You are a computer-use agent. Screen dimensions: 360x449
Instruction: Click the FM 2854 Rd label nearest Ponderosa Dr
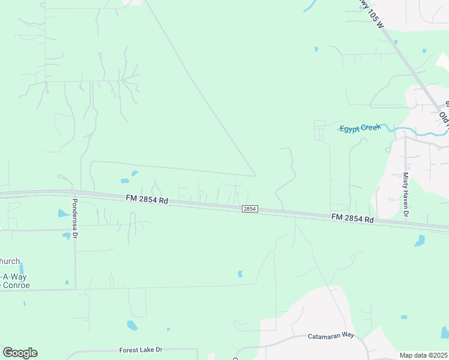146,199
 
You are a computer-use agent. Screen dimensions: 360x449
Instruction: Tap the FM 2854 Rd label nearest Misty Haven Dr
352,218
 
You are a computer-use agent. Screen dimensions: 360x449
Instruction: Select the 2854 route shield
250,209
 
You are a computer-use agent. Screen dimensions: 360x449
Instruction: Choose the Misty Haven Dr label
406,194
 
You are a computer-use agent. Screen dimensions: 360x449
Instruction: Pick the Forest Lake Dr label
141,350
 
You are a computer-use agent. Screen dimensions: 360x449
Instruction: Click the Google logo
20,353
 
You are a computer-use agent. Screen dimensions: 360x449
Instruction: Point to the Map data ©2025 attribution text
423,355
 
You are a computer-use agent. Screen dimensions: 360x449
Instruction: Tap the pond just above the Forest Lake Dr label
132,326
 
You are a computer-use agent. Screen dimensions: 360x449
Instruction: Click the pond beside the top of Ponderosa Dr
62,213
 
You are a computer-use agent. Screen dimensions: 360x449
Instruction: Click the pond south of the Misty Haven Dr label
420,241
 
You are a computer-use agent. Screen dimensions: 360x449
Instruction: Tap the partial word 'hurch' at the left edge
10,261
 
